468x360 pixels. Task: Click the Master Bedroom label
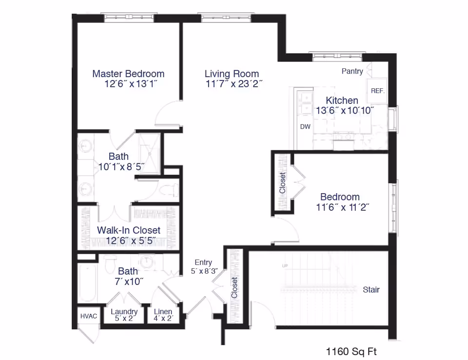[128, 74]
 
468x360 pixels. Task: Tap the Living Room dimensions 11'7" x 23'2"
[234, 83]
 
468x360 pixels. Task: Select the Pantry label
[352, 71]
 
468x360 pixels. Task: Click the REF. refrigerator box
[378, 91]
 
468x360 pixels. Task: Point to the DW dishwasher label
[305, 127]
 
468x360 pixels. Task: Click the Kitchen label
[342, 100]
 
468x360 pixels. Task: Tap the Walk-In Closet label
[128, 230]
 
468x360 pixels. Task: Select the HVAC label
[88, 316]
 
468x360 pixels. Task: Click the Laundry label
[124, 312]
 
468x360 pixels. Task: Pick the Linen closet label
[163, 312]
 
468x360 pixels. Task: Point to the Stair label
[371, 290]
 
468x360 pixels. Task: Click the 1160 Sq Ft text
[351, 351]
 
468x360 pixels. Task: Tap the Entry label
[203, 262]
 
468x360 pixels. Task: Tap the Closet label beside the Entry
[235, 288]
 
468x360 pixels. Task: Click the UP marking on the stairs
[285, 266]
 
